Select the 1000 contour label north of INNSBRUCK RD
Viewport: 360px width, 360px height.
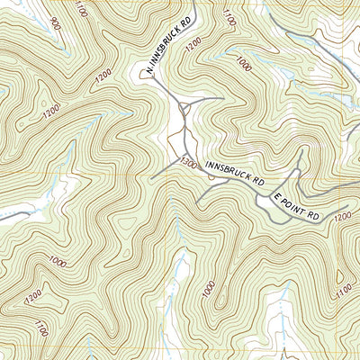[243, 64]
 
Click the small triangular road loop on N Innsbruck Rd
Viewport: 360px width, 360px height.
[184, 111]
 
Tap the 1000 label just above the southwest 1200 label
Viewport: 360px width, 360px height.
[58, 261]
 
